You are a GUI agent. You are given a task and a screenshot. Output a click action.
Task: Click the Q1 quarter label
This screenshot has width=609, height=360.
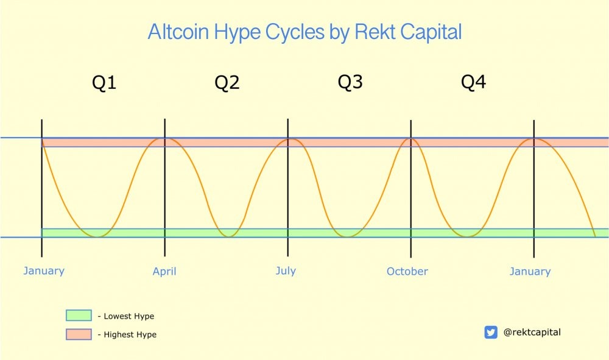(104, 83)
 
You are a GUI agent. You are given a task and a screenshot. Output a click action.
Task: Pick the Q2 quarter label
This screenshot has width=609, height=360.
(227, 83)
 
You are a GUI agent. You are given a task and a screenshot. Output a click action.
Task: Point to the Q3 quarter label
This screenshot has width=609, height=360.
(350, 82)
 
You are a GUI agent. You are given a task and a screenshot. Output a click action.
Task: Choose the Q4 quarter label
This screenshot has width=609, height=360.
(473, 82)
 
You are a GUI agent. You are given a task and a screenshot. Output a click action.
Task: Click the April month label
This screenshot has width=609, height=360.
(164, 272)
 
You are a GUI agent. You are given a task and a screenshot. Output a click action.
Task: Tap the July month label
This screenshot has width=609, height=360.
(286, 270)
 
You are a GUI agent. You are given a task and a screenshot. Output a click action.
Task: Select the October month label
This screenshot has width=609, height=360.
(407, 271)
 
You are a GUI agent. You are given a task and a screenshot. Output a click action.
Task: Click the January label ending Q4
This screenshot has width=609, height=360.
(530, 271)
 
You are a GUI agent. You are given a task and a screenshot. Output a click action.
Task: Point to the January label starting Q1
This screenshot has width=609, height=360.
(44, 270)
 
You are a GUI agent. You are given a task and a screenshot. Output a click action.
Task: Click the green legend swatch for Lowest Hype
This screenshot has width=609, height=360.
(79, 316)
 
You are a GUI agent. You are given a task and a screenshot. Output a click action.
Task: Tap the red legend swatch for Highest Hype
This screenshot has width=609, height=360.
(79, 334)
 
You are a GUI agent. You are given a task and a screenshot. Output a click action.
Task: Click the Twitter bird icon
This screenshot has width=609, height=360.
(491, 333)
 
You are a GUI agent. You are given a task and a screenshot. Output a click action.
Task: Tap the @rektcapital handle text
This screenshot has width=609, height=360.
(532, 333)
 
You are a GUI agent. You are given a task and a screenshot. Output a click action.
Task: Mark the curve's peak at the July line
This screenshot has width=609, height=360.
(289, 139)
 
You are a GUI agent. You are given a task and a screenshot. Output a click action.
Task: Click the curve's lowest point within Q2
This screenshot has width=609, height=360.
(229, 236)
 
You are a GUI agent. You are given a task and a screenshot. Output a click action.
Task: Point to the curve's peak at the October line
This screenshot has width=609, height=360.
(411, 139)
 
